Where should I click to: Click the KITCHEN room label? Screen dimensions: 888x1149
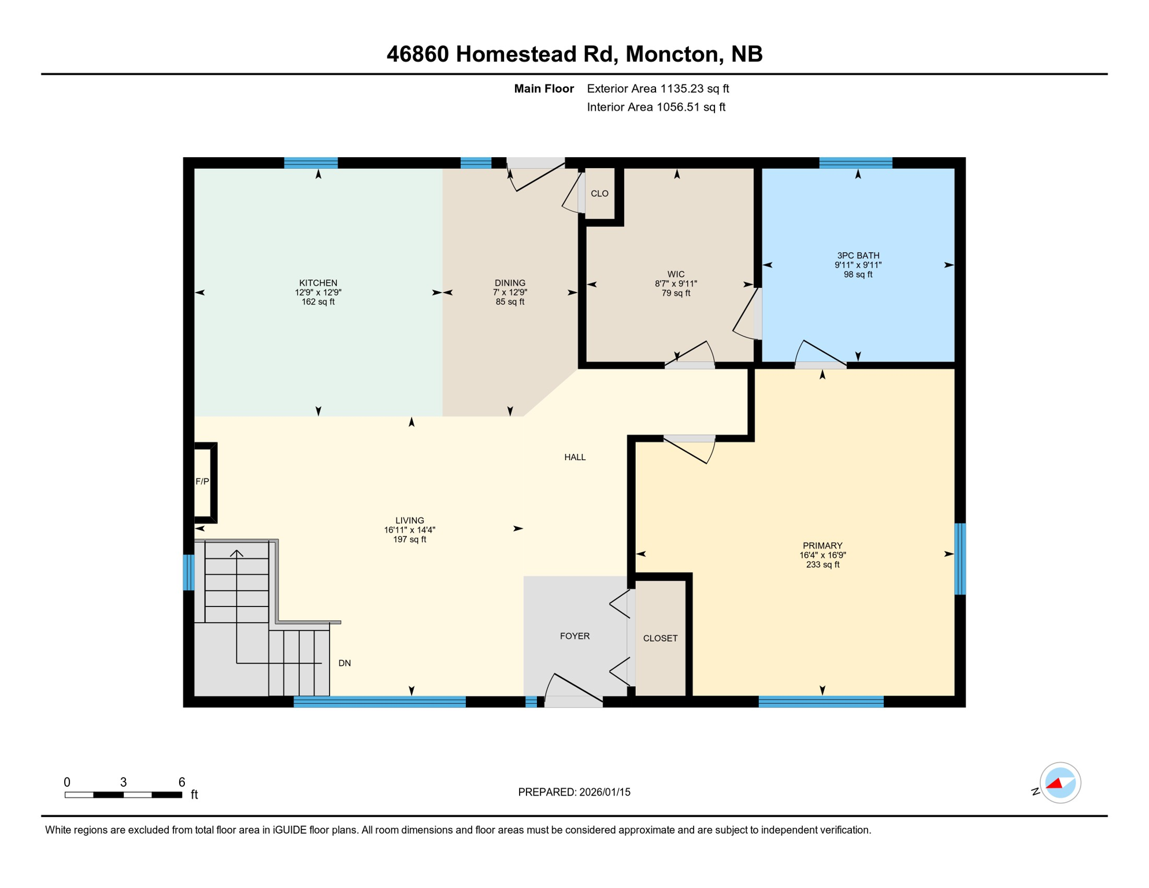pos(318,283)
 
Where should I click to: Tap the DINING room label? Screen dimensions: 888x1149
pos(510,283)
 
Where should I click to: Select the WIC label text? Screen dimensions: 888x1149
pos(676,274)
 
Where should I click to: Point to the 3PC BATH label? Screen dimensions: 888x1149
pos(858,256)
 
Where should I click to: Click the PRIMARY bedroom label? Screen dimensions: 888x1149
pos(822,546)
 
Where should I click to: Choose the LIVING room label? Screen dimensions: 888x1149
pos(409,520)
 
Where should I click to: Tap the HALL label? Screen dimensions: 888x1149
pos(574,457)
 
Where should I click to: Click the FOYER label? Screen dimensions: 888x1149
pos(574,636)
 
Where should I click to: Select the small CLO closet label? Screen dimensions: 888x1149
pos(599,194)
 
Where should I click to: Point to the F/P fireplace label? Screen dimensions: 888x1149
pos(202,482)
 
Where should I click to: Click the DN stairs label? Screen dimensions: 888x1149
pos(344,663)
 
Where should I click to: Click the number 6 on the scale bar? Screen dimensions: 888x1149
pos(181,782)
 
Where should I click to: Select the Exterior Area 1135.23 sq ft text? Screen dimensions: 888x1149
pos(658,88)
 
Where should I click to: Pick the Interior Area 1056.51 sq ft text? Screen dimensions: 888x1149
pos(656,107)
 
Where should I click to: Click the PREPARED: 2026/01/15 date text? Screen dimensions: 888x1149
pos(574,792)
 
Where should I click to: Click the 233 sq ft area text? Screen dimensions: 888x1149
pos(822,565)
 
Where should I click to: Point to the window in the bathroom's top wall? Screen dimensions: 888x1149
pos(855,162)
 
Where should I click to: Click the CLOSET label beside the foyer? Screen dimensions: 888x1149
pos(660,638)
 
